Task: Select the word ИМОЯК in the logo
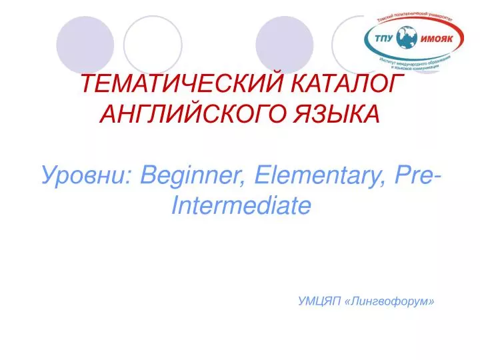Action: [x=436, y=39]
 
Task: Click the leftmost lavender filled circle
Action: [x=85, y=45]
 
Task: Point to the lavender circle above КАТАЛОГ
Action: [x=285, y=45]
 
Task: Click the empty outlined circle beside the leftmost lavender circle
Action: [x=153, y=45]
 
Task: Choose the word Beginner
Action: [x=195, y=176]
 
